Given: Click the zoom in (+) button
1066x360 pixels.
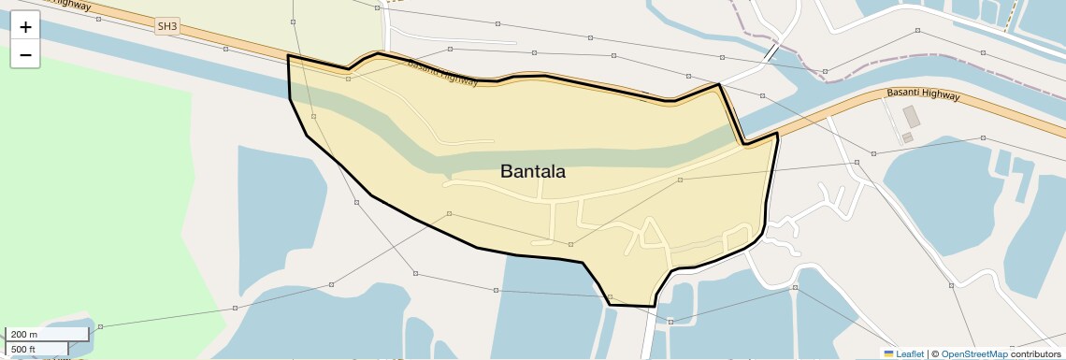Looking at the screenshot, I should click(x=25, y=27).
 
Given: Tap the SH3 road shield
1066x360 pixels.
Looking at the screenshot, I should click(x=167, y=26).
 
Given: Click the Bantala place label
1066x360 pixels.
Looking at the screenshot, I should click(x=533, y=172).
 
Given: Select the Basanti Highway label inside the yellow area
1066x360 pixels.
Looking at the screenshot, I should click(x=443, y=73).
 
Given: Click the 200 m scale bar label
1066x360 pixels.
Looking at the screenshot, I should click(x=25, y=334).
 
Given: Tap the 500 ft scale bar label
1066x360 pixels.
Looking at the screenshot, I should click(x=23, y=350).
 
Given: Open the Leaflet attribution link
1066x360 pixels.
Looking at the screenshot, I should click(x=910, y=353).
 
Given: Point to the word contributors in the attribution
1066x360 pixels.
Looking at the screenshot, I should click(x=1035, y=353).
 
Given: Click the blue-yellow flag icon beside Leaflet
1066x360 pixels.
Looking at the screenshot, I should click(x=888, y=353).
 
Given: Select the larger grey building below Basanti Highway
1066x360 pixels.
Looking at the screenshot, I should click(x=911, y=118).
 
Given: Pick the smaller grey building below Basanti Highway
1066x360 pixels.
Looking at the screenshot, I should click(x=907, y=137).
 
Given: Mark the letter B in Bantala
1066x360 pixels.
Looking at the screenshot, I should click(x=506, y=172).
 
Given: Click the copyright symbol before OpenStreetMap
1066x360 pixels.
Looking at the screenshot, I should click(x=935, y=353).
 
